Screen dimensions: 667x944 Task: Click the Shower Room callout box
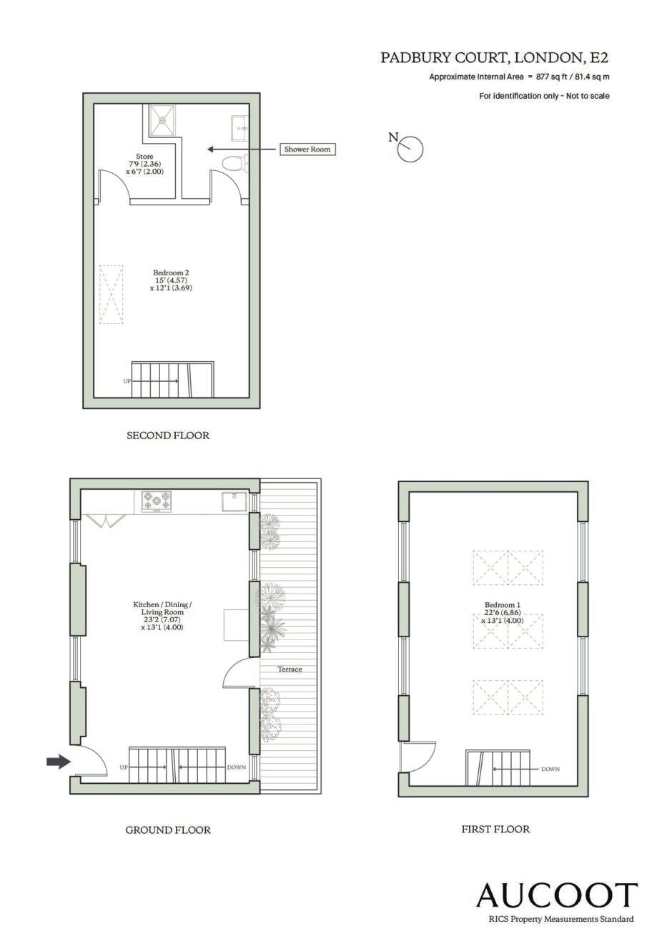(307, 149)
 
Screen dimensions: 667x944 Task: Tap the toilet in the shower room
(235, 163)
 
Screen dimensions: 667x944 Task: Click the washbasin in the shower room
(239, 128)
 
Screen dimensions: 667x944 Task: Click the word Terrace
(290, 669)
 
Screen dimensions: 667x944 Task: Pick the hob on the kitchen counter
(157, 501)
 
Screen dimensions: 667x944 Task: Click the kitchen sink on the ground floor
(234, 501)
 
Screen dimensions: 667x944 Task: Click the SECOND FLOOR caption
(168, 436)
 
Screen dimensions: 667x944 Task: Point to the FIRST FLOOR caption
(495, 830)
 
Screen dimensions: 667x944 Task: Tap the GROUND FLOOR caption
(168, 830)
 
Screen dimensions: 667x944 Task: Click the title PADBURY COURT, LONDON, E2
(495, 58)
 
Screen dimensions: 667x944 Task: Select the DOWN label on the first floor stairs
(550, 769)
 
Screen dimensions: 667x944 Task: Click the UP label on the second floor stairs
(127, 381)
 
